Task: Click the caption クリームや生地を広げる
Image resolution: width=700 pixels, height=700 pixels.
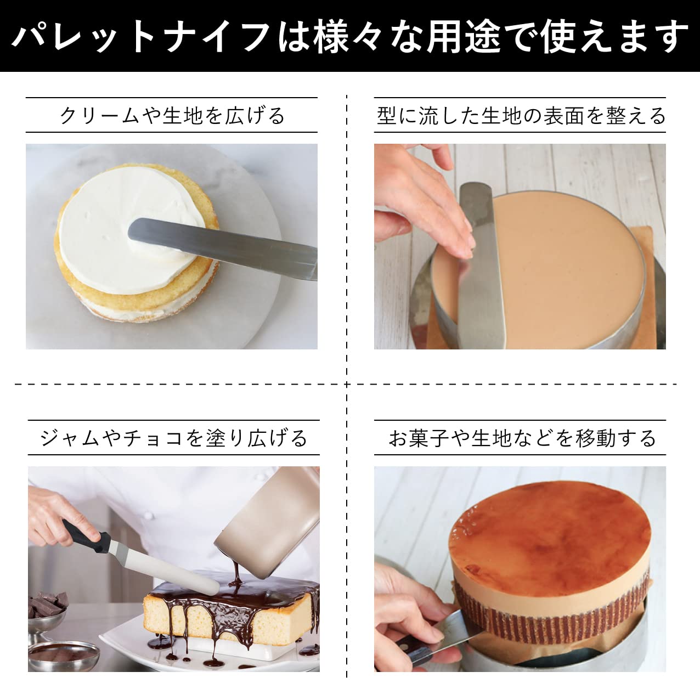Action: point(172,116)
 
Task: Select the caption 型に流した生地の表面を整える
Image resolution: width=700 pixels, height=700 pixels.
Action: point(521,116)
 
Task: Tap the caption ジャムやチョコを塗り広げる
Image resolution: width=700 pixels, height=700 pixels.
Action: point(173,438)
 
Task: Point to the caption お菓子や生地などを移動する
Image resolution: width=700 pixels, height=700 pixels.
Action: point(522,438)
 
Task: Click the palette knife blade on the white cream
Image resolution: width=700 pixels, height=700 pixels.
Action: point(219,244)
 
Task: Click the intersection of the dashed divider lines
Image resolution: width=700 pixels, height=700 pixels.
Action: point(347,384)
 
